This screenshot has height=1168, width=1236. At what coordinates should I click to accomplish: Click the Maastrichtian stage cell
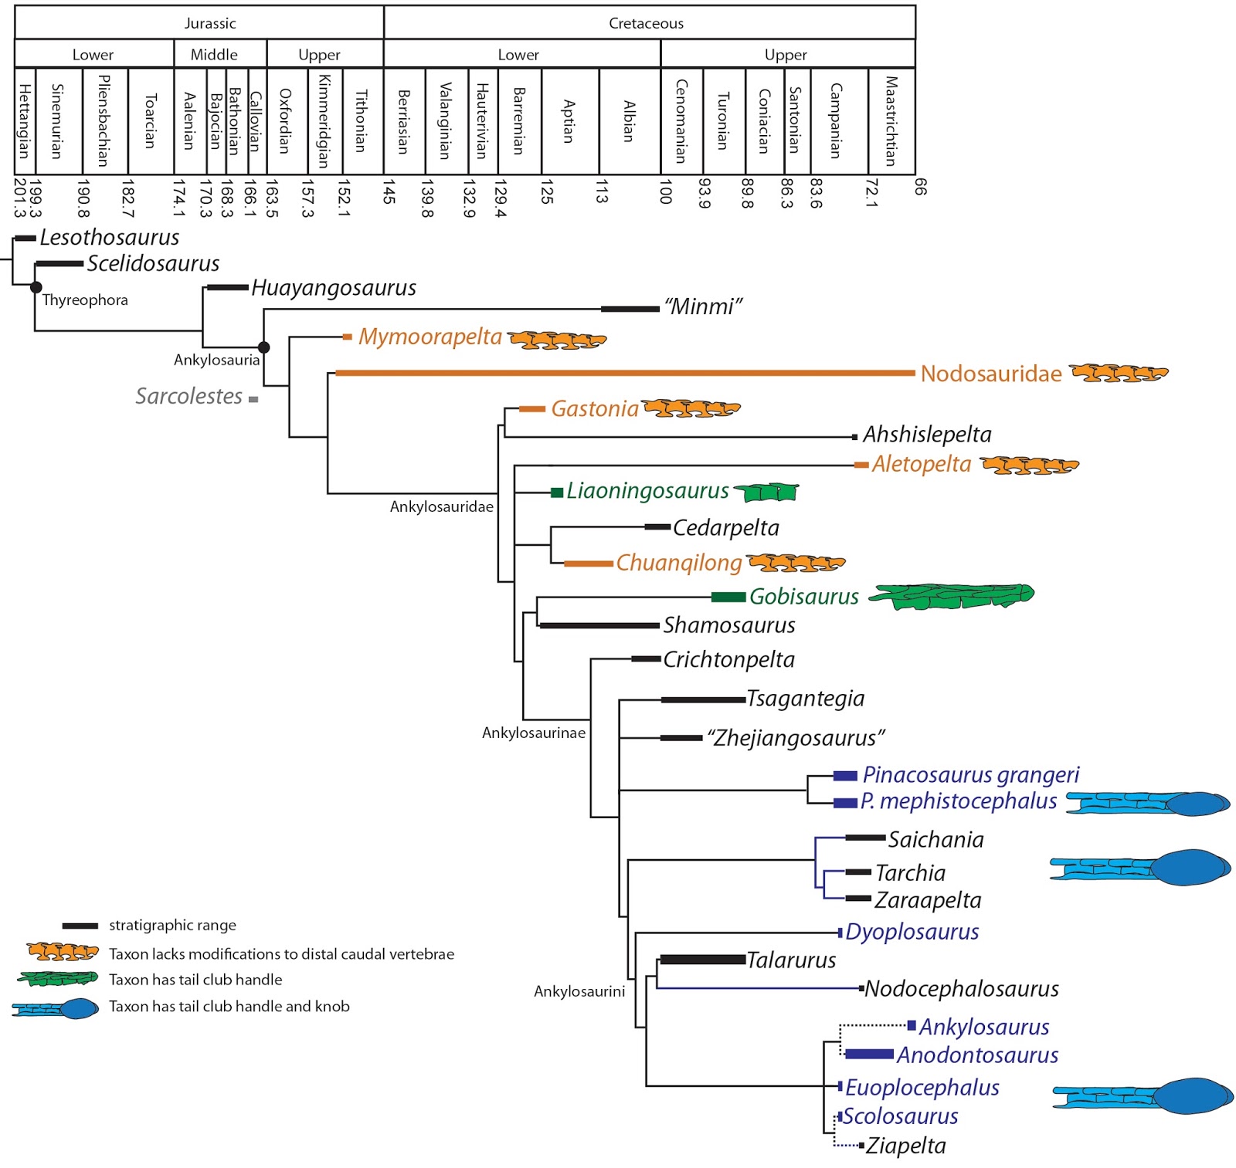(x=891, y=121)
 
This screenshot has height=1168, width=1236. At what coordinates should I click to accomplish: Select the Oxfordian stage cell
(x=287, y=121)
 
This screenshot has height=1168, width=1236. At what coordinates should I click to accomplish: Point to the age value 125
(x=547, y=191)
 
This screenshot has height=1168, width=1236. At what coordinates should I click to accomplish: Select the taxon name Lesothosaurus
(x=110, y=237)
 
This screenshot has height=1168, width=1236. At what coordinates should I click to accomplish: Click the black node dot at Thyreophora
(x=36, y=287)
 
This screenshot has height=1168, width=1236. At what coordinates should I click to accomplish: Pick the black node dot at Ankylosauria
(x=263, y=347)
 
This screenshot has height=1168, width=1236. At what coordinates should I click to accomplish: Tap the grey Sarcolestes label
(x=189, y=396)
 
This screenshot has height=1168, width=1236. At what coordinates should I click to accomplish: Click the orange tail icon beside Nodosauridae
(x=1119, y=374)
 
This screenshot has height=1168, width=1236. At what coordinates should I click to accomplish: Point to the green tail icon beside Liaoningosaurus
(x=766, y=491)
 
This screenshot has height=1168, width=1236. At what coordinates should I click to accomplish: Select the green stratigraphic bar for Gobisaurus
(x=728, y=597)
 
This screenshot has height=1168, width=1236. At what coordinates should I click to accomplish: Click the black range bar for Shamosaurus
(x=599, y=625)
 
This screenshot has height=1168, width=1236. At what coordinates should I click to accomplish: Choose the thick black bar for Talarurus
(x=702, y=960)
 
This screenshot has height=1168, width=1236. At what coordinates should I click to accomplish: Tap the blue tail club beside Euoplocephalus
(x=1143, y=1095)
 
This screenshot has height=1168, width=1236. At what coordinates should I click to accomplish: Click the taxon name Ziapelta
(x=905, y=1146)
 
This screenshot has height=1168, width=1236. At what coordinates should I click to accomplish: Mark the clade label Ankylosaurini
(x=579, y=991)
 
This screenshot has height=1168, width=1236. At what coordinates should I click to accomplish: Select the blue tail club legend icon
(x=56, y=1008)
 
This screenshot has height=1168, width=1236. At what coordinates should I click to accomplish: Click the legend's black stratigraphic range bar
(x=80, y=926)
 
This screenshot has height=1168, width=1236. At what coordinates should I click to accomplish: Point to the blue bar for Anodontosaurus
(x=869, y=1054)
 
